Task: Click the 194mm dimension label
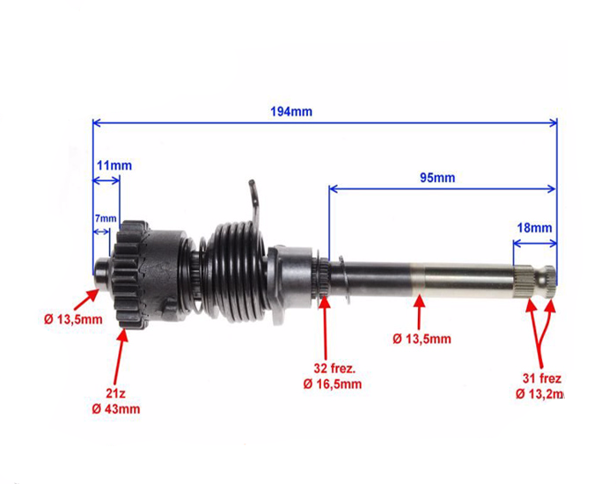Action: click(x=291, y=112)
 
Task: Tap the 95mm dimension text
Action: click(x=437, y=178)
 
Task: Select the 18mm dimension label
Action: click(x=534, y=228)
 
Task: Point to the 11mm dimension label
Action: click(x=114, y=165)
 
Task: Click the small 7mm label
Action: click(x=106, y=218)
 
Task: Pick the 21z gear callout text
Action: click(x=115, y=393)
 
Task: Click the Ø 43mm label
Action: click(x=116, y=409)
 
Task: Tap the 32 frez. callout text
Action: click(x=334, y=369)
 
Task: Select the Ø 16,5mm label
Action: click(x=333, y=384)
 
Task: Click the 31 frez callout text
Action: click(x=542, y=378)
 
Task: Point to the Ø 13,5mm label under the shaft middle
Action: click(x=422, y=339)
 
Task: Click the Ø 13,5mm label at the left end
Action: click(x=73, y=319)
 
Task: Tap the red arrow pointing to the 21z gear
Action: click(x=120, y=356)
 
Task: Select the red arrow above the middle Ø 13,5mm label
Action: click(x=420, y=312)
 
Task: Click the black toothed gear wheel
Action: click(x=132, y=275)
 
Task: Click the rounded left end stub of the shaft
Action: click(x=103, y=273)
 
